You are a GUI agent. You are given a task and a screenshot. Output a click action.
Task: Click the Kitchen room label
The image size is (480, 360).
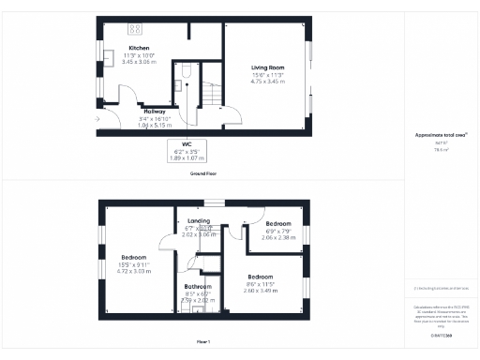point(139,48)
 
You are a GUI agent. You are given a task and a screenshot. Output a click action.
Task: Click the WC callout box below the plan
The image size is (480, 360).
point(185,151)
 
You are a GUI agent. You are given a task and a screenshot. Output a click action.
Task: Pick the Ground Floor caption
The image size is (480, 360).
point(203,174)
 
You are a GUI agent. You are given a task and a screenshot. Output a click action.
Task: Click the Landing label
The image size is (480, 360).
point(198,220)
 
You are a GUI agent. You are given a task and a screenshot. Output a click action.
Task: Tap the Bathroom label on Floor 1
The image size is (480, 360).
point(198,286)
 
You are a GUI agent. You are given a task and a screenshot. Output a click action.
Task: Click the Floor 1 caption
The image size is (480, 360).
point(203,341)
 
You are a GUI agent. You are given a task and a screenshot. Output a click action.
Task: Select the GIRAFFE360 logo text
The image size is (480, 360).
point(440,335)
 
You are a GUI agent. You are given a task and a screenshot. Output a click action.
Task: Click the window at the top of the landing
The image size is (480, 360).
point(216,201)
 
